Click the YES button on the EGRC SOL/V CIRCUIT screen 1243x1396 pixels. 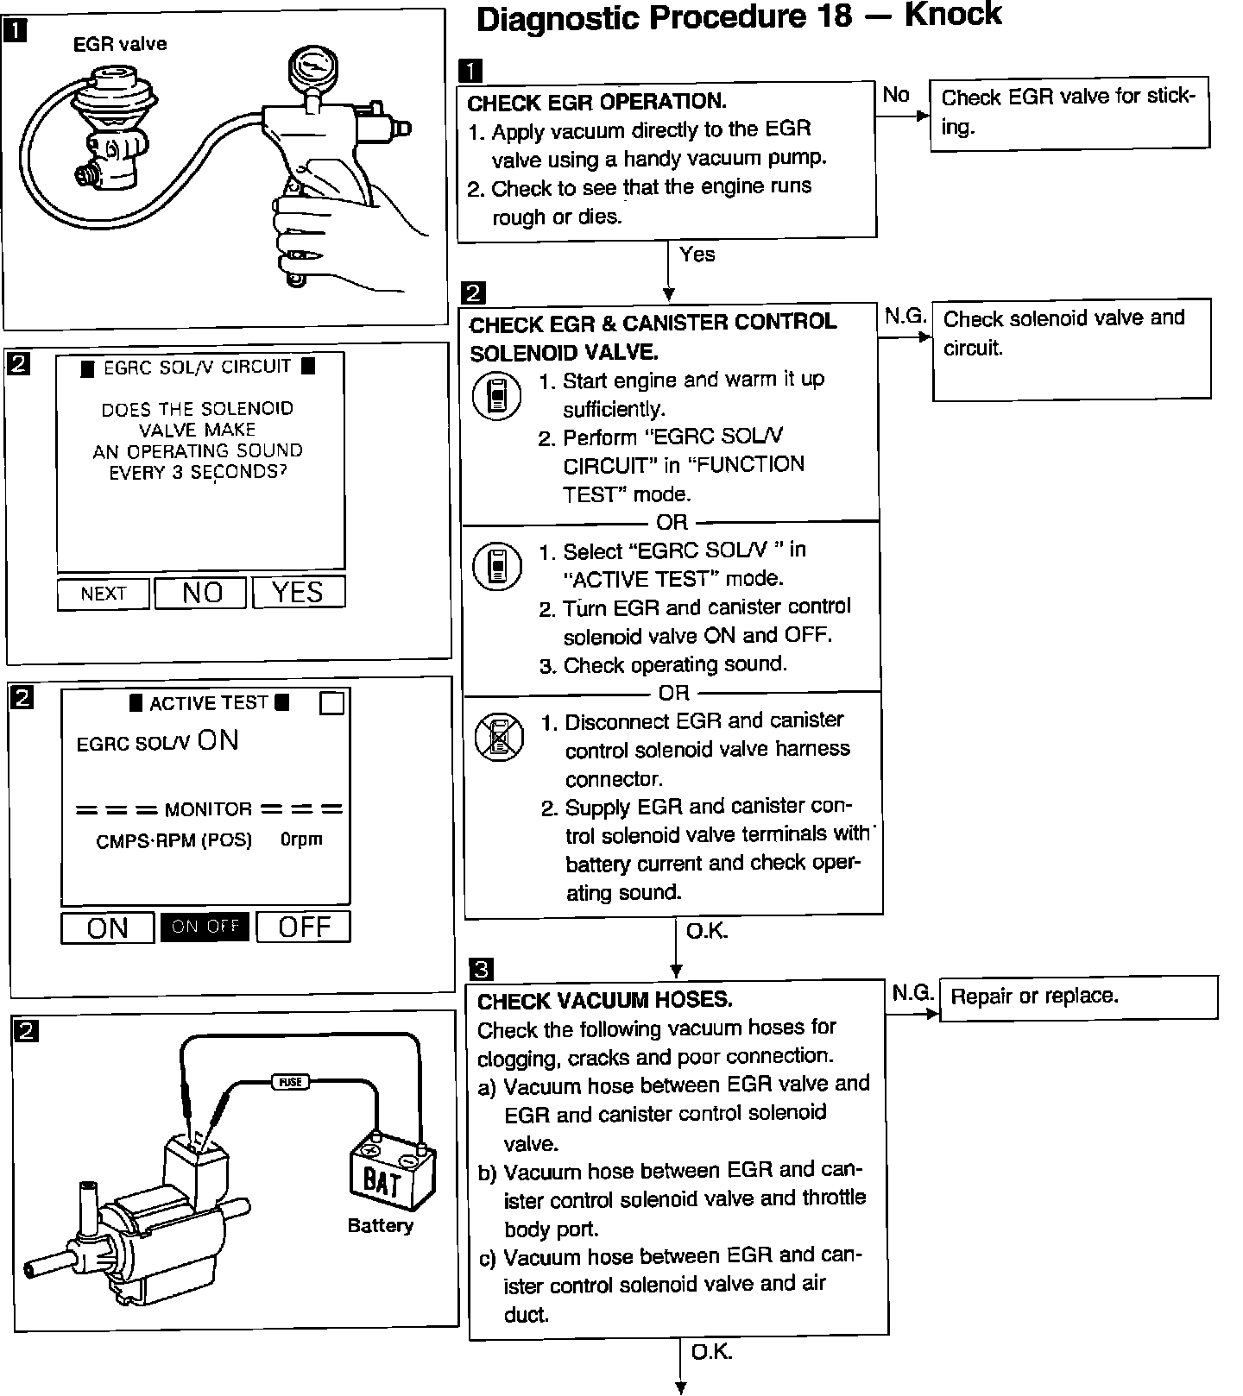298,592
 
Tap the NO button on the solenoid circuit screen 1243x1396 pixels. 201,592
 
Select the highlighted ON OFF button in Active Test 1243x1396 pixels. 205,927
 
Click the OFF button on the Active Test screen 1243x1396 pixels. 304,927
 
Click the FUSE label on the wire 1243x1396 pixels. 290,1081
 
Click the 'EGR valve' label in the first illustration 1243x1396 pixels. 120,44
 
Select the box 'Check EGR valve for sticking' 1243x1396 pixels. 1069,115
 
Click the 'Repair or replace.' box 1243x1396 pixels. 1077,997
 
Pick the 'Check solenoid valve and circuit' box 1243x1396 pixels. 1071,348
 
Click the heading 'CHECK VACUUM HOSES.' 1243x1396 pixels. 604,1001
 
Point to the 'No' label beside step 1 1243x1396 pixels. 896,95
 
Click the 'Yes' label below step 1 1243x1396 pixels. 697,255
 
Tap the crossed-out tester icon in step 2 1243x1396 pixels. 498,737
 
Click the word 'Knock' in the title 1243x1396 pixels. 953,15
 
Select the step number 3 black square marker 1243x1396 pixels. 482,968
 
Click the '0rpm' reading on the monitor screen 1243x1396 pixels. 301,839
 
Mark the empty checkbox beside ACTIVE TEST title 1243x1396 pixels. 331,703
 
